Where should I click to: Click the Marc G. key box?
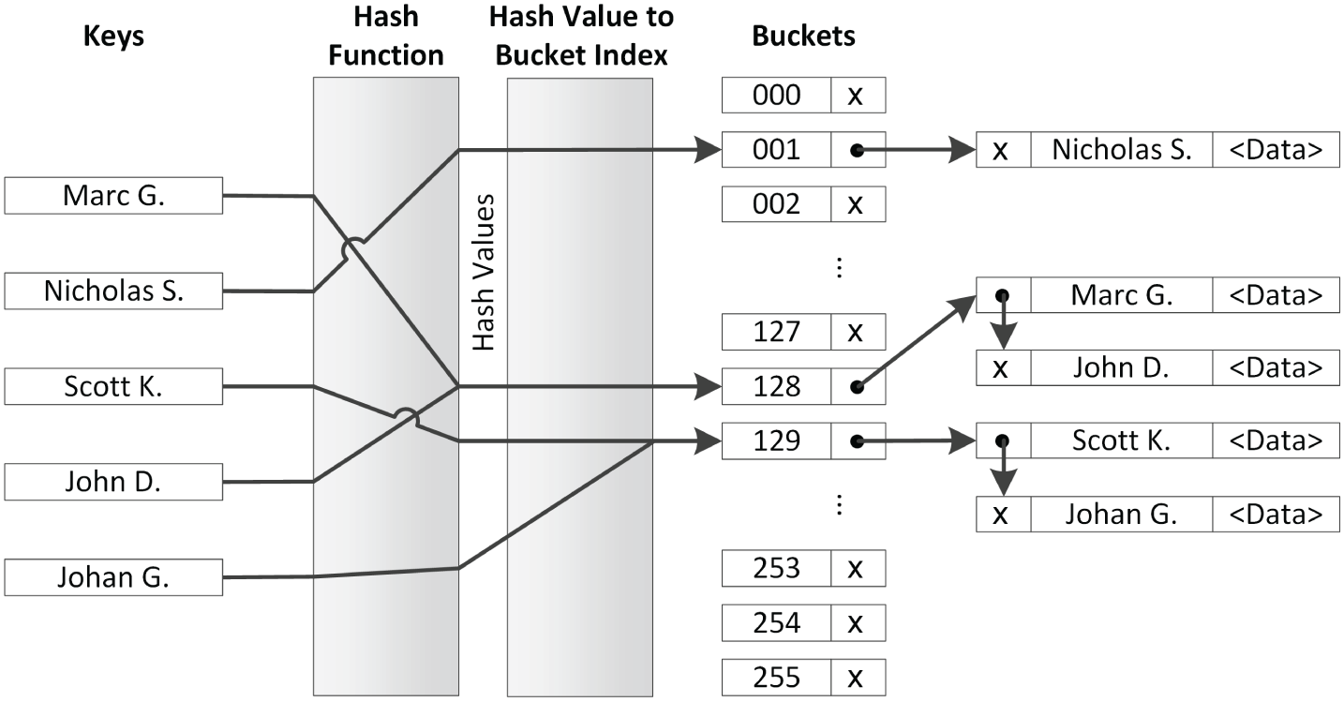point(113,196)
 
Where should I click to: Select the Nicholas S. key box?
point(113,291)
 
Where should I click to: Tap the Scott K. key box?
point(113,385)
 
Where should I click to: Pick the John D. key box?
point(113,482)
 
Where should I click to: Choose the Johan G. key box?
point(113,577)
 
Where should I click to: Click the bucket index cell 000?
point(777,96)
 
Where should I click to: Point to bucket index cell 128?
point(777,386)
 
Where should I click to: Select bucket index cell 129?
point(777,441)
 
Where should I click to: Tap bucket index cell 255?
point(777,677)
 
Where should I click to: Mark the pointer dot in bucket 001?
point(855,150)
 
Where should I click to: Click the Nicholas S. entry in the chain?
point(1121,150)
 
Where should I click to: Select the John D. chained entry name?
point(1121,367)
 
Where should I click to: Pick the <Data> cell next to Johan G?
point(1276,514)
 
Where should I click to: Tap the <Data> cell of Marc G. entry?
point(1276,295)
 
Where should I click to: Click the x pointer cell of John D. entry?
point(1002,367)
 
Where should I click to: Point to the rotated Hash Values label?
point(483,273)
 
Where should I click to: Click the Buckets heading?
point(803,36)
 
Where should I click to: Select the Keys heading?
point(113,36)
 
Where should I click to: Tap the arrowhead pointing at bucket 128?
point(709,385)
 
